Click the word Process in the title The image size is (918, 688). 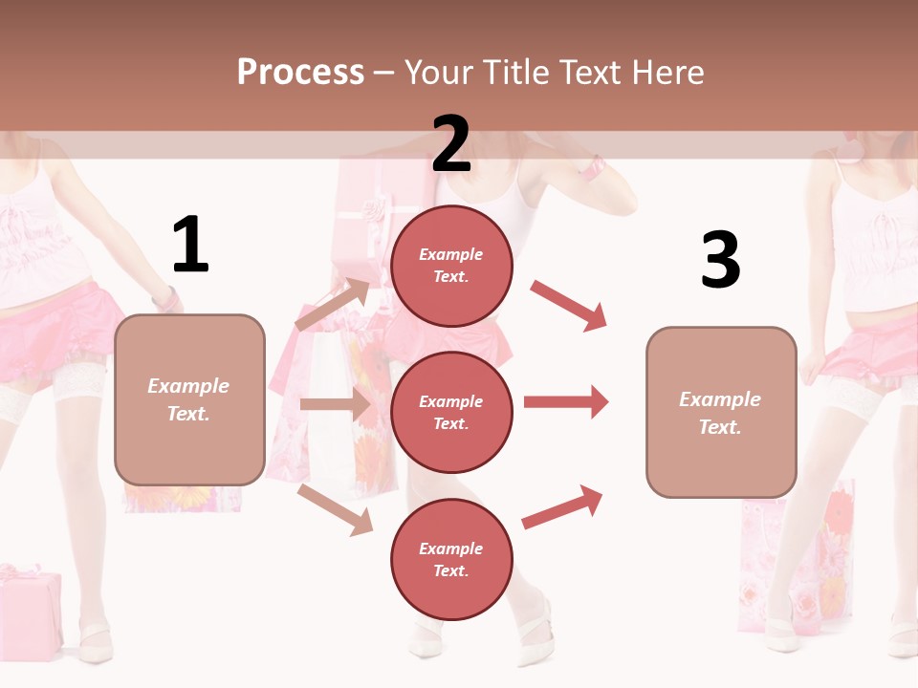click(300, 73)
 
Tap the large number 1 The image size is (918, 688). click(190, 245)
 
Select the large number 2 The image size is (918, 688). click(450, 143)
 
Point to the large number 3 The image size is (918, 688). click(720, 260)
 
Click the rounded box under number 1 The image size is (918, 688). click(189, 399)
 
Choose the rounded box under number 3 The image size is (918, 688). click(721, 413)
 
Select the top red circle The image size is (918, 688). click(451, 266)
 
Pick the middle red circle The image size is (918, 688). click(451, 412)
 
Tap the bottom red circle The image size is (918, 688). click(451, 559)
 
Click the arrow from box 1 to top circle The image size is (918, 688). click(334, 304)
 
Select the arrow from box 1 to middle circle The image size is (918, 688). click(335, 404)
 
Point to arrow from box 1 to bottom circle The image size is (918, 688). click(335, 509)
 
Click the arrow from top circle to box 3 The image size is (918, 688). click(569, 305)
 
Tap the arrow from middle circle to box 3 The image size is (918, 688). click(566, 402)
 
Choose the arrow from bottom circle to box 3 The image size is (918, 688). click(562, 507)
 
